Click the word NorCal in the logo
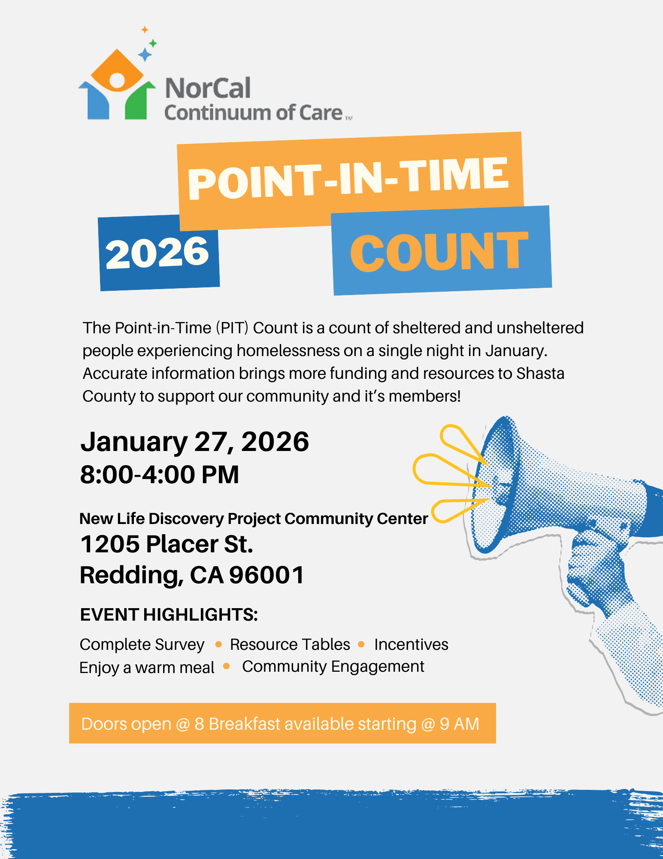click(208, 88)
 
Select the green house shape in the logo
click(139, 101)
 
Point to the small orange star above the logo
click(145, 30)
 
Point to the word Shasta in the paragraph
click(540, 373)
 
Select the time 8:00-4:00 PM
click(160, 475)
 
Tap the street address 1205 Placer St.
click(167, 544)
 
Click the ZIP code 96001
click(266, 575)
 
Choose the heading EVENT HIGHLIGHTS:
click(169, 615)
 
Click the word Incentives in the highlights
click(411, 644)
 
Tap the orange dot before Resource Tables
click(218, 644)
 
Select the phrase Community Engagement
click(333, 667)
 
